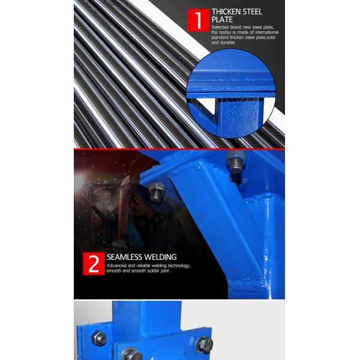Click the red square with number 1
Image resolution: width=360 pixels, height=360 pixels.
tap(199, 20)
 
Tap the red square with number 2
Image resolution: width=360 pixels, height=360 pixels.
tap(94, 263)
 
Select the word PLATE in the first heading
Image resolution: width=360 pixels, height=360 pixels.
tap(222, 20)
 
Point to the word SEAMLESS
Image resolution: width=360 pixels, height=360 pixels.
tap(124, 257)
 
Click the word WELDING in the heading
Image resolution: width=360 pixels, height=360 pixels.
tap(160, 257)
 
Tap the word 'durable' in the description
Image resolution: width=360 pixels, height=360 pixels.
tap(228, 43)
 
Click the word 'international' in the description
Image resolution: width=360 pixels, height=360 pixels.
tap(267, 32)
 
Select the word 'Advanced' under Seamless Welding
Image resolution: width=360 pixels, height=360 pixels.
tap(116, 266)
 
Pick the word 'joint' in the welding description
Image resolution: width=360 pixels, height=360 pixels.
tap(164, 271)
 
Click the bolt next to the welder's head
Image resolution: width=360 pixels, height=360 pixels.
tap(157, 192)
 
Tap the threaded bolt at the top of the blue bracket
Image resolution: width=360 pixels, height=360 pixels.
tap(236, 161)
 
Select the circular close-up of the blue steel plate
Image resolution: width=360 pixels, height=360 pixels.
tap(231, 94)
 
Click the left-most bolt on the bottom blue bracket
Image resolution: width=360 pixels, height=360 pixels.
tap(99, 338)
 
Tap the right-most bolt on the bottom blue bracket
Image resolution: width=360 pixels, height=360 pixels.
tap(205, 345)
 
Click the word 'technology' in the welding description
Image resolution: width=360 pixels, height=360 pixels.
tap(179, 266)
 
